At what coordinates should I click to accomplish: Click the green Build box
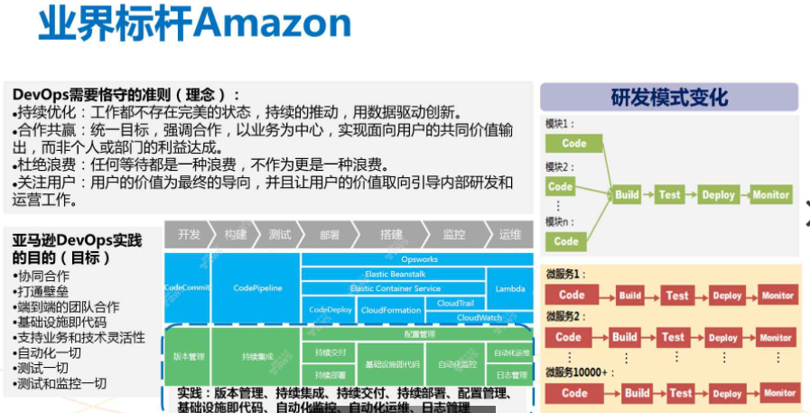(627, 194)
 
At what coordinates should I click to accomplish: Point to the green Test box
(669, 194)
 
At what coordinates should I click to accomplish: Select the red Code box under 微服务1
(572, 295)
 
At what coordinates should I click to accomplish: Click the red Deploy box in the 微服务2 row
(722, 338)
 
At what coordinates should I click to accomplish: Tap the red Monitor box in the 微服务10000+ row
(778, 393)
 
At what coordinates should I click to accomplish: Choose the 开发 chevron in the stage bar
(189, 235)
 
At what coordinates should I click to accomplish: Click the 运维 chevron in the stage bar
(510, 235)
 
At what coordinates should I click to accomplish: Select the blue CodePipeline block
(257, 288)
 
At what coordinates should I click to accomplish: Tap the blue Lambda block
(509, 288)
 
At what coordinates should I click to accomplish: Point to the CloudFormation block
(390, 310)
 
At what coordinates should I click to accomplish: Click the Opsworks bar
(419, 259)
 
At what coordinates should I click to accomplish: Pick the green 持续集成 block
(256, 357)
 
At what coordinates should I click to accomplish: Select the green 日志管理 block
(511, 374)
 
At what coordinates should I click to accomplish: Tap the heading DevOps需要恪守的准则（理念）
(126, 94)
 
